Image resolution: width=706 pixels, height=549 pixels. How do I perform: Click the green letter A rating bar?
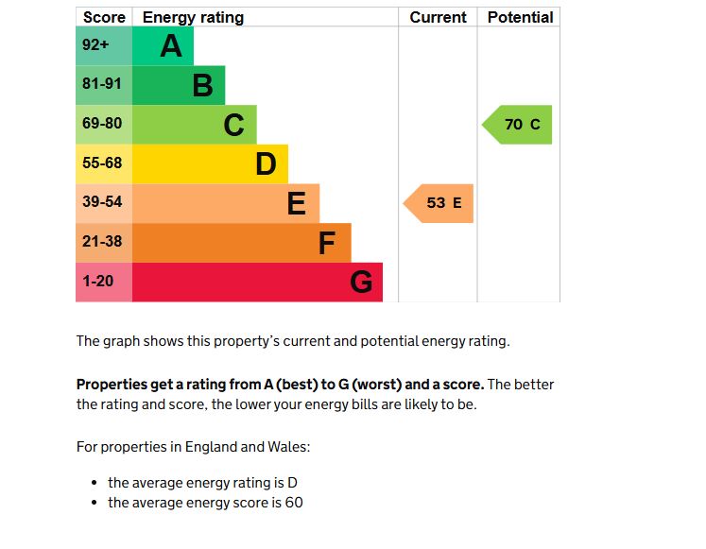click(x=163, y=45)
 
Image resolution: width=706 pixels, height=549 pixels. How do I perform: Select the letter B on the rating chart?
click(x=202, y=85)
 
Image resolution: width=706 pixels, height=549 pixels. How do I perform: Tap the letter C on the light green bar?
click(x=233, y=124)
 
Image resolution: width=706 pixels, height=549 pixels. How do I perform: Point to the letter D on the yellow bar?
click(x=266, y=163)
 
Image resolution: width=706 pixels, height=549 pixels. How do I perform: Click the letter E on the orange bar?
click(x=296, y=203)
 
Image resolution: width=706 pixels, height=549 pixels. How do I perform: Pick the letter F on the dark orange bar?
click(x=327, y=243)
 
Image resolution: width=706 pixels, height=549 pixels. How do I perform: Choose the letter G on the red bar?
click(x=361, y=282)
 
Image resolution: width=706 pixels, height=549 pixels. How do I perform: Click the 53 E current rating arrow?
click(x=439, y=203)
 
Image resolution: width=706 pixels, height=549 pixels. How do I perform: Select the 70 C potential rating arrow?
click(x=519, y=125)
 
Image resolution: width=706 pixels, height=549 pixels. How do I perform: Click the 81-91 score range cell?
click(x=103, y=85)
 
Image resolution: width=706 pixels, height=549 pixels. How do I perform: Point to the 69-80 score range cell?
click(x=103, y=124)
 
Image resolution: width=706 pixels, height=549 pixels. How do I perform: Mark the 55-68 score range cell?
click(x=103, y=163)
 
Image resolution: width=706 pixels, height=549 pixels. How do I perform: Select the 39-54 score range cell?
click(x=103, y=202)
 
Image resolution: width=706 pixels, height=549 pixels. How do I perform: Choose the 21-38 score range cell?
click(x=103, y=242)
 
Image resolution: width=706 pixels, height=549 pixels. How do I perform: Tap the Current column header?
click(x=438, y=17)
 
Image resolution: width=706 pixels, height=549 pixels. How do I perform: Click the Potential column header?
click(x=520, y=17)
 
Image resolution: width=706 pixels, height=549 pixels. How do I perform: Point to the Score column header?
click(x=104, y=17)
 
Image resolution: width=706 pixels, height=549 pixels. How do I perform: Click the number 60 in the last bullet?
click(x=294, y=503)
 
